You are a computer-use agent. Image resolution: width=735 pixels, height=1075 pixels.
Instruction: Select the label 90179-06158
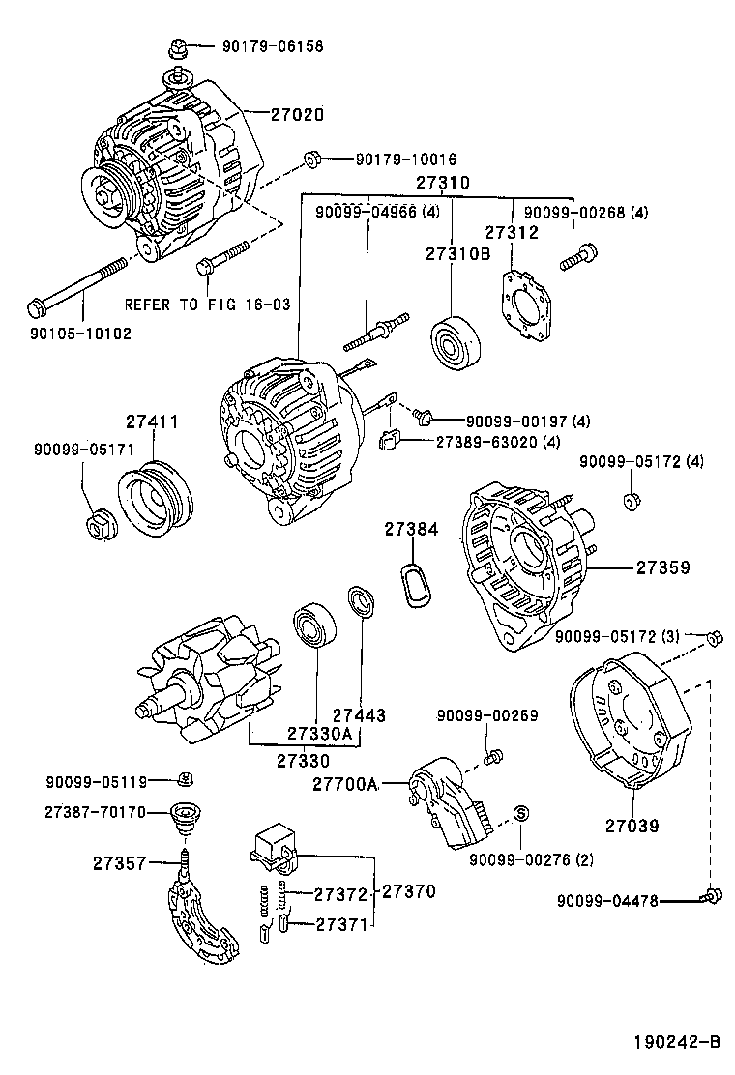272,45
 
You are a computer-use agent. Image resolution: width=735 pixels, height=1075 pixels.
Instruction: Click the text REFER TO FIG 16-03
207,304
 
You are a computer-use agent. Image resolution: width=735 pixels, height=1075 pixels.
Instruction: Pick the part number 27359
662,568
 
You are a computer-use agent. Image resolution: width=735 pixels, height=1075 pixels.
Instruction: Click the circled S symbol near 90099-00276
518,813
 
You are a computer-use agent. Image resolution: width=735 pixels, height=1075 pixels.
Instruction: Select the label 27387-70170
94,812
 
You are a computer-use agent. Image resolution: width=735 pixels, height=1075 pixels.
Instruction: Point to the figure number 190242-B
678,1042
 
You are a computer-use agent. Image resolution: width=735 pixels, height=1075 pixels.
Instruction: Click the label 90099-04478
606,900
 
